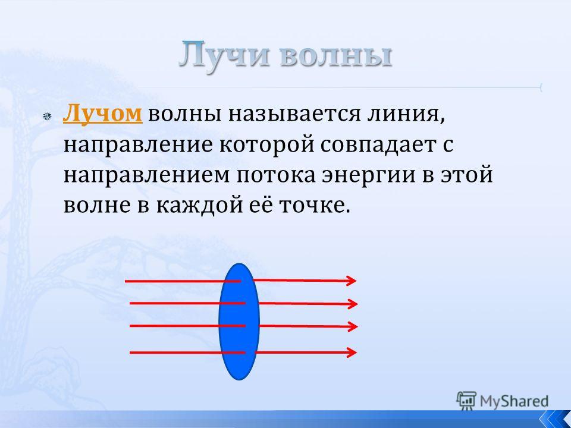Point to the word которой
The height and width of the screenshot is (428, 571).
[x=267, y=145]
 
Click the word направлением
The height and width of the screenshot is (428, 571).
[x=147, y=175]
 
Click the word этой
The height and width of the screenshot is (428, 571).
[x=468, y=174]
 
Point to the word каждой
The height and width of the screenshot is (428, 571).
[x=200, y=206]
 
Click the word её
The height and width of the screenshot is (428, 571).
[x=262, y=205]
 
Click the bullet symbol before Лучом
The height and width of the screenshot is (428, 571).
[x=47, y=117]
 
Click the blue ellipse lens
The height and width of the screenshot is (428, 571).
[x=239, y=322]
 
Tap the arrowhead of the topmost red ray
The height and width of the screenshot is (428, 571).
[x=352, y=281]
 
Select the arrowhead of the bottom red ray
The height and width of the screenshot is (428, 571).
[x=352, y=353]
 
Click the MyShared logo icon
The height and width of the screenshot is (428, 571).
[x=466, y=401]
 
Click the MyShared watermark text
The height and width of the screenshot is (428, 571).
[x=514, y=401]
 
